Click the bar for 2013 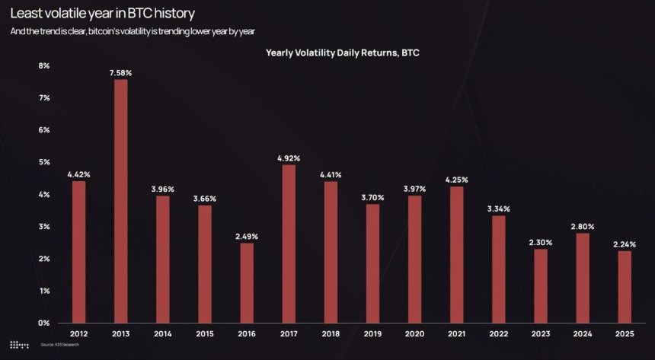tap(120, 201)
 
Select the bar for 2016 tap(247, 282)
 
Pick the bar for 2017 tap(289, 244)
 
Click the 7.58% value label tap(120, 72)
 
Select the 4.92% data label tap(289, 158)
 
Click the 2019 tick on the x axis tap(373, 334)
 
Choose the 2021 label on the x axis tap(458, 334)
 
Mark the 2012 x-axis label tap(78, 334)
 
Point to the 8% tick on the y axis tap(44, 66)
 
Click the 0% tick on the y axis tap(44, 323)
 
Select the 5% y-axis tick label tap(44, 162)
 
